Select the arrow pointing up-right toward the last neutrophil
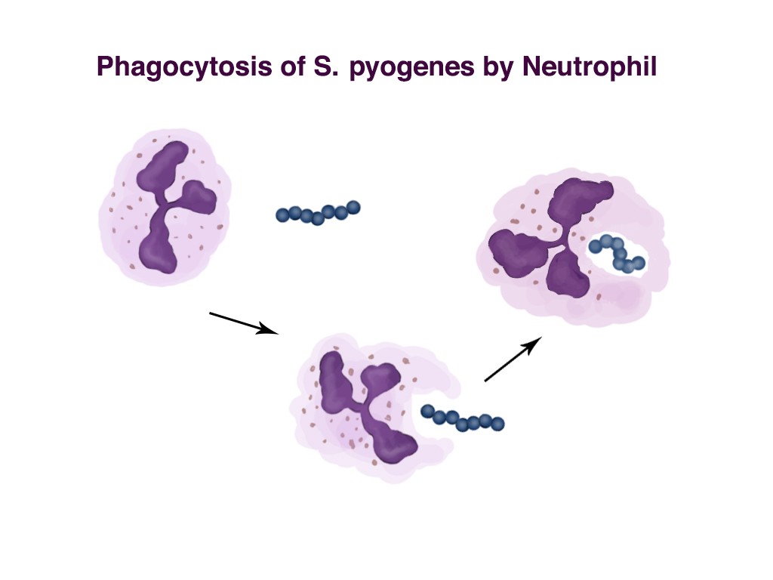click(513, 359)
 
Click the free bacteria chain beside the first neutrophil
click(318, 213)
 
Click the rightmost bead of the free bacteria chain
click(353, 206)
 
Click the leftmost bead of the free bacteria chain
click(283, 214)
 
